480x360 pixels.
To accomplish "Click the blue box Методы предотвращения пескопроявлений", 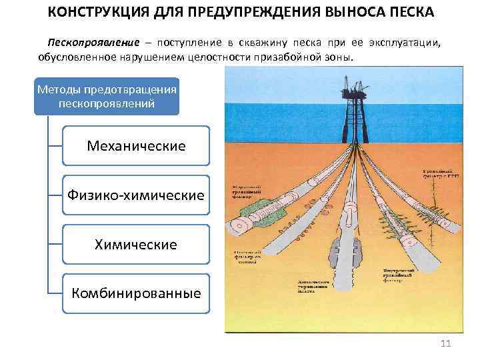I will click(x=107, y=96).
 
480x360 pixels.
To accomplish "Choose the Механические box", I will click(x=136, y=145).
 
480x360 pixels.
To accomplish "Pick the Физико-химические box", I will click(x=136, y=195).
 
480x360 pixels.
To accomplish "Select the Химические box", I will click(x=136, y=245).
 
